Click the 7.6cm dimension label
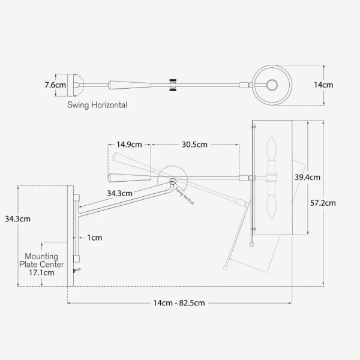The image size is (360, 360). pyautogui.click(x=55, y=85)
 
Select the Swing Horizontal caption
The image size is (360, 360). pyautogui.click(x=97, y=104)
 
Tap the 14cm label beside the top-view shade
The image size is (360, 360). pyautogui.click(x=323, y=85)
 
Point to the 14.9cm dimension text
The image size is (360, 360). pyautogui.click(x=129, y=145)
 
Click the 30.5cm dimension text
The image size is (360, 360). pyautogui.click(x=195, y=145)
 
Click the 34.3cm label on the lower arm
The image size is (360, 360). pyautogui.click(x=119, y=193)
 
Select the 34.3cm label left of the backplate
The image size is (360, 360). pyautogui.click(x=17, y=219)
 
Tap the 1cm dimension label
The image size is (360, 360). pyautogui.click(x=94, y=238)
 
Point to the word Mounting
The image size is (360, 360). pyautogui.click(x=41, y=256)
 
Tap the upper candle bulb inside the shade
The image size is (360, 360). pyautogui.click(x=271, y=149)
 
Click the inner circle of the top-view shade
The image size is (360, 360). pyautogui.click(x=272, y=85)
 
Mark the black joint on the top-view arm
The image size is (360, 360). pyautogui.click(x=173, y=85)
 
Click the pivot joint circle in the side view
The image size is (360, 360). pyautogui.click(x=173, y=181)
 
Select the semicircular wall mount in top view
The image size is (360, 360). pyautogui.click(x=77, y=85)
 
